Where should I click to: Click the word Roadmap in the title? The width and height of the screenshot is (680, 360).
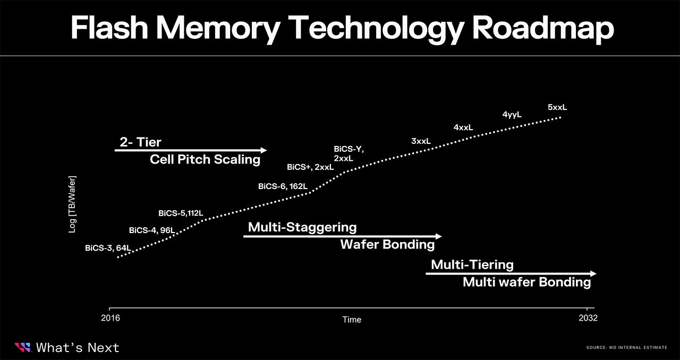point(543,28)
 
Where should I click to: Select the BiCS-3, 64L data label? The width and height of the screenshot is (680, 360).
point(108,248)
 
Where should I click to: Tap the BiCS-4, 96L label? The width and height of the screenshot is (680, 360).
point(152,230)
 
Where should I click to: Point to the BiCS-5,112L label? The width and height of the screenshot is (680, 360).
point(181,213)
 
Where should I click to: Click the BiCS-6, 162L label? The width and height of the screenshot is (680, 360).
point(283,186)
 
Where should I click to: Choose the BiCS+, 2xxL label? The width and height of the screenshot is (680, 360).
point(310,167)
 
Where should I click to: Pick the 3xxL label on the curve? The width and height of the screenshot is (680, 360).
point(421,141)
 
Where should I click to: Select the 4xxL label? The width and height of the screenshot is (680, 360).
point(463,127)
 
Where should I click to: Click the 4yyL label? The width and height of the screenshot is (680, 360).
point(512,115)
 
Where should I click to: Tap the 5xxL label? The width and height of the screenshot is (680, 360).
point(557,107)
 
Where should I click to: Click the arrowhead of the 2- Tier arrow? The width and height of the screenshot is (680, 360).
point(263,150)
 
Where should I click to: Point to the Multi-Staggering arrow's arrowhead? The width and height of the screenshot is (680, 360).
point(438,236)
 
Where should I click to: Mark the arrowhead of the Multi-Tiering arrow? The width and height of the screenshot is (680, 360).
point(593,273)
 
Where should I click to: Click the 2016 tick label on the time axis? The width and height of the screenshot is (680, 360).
point(110,318)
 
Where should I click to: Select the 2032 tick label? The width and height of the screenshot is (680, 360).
point(588,318)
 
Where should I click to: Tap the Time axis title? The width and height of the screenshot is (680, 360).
point(352,319)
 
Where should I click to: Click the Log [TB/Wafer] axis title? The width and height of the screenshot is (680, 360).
point(72,204)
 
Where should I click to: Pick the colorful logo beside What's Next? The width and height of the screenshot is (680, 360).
point(23,348)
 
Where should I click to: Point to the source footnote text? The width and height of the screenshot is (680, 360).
point(626,348)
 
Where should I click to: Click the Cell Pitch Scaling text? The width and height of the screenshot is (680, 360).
point(205,159)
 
